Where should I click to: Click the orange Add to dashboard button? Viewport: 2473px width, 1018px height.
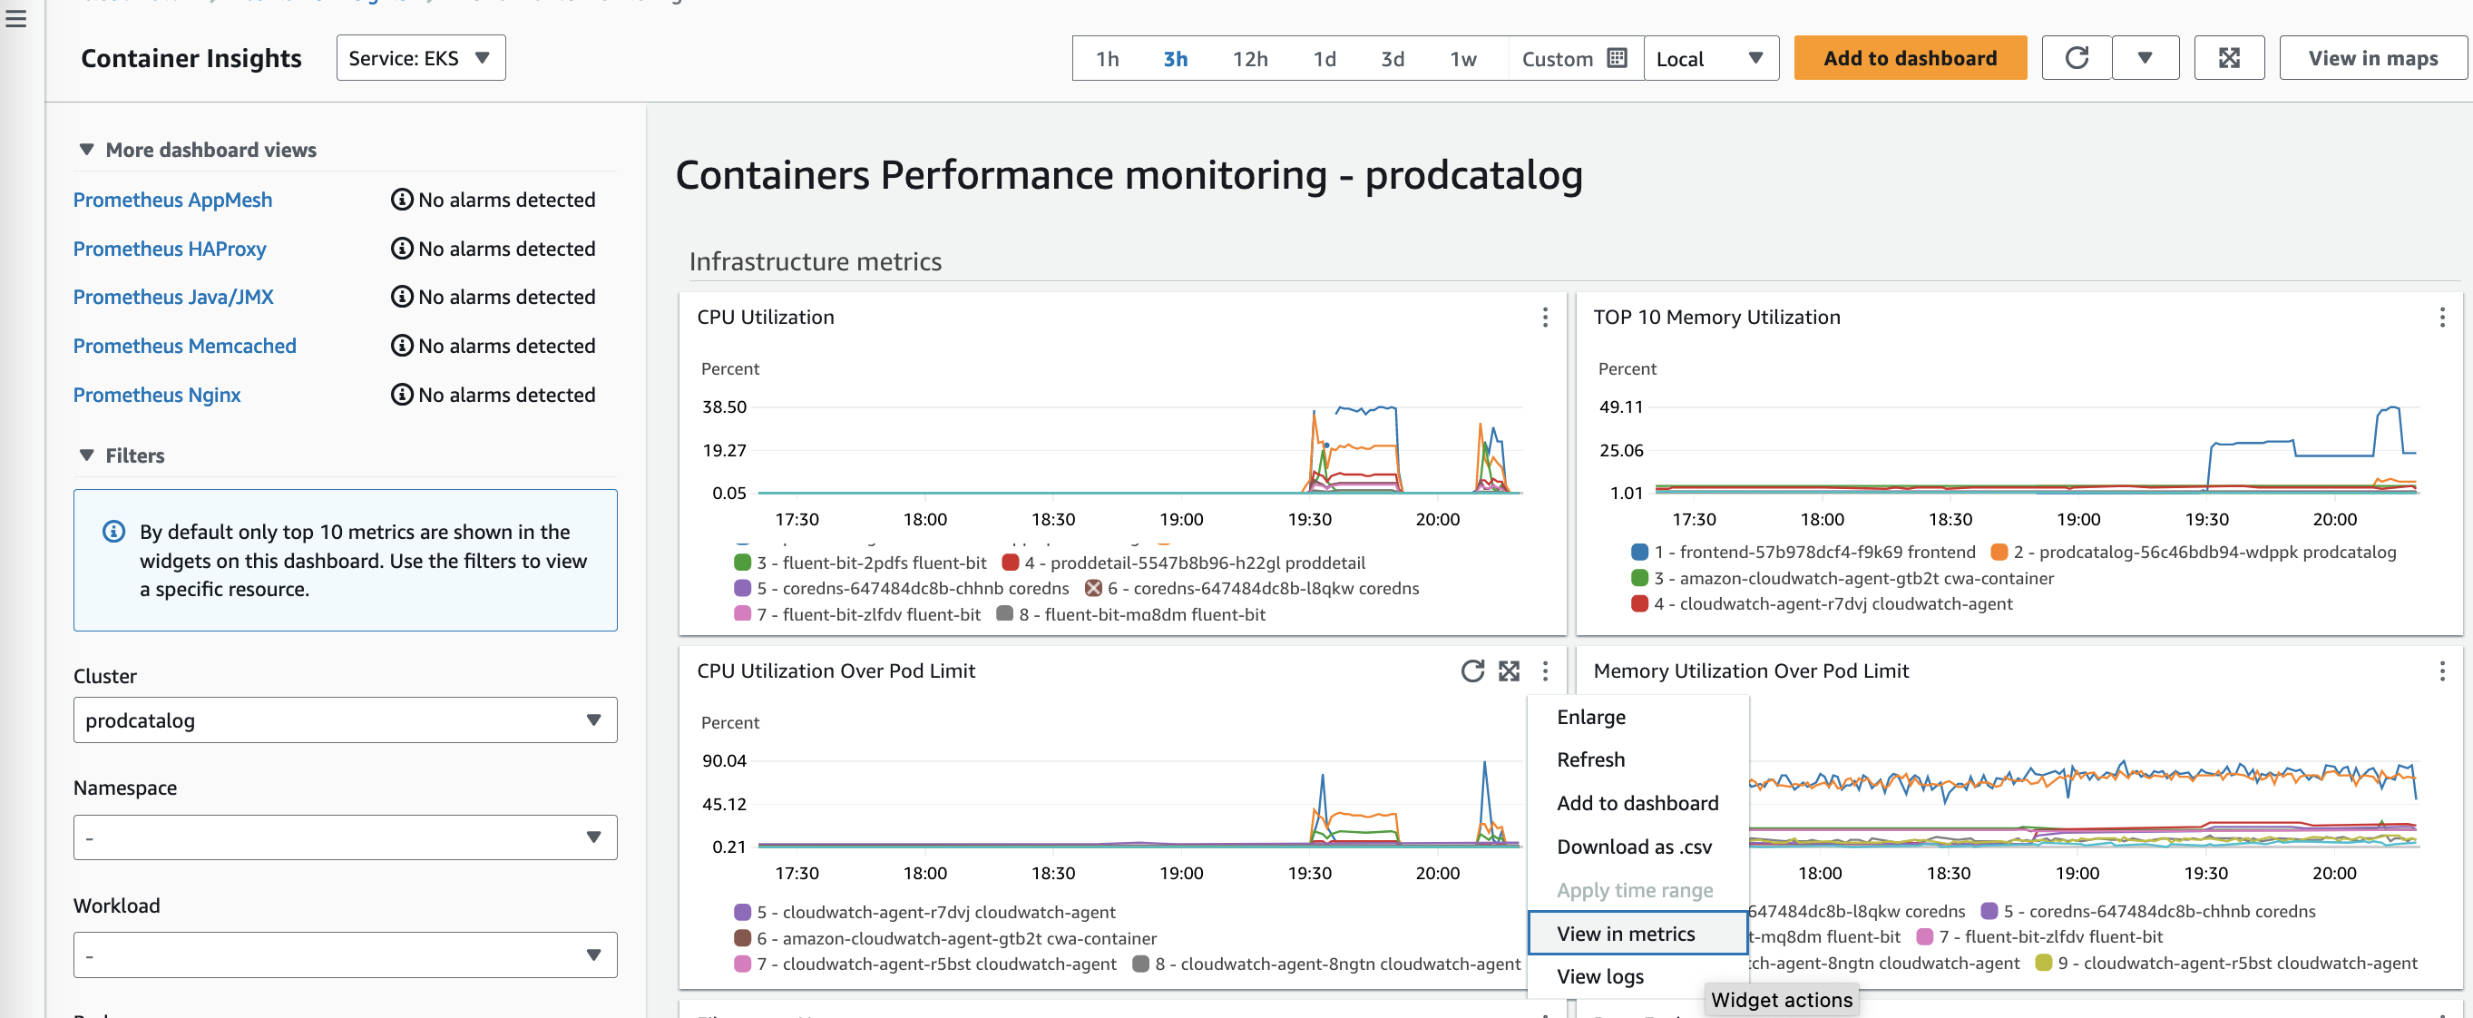pyautogui.click(x=1910, y=59)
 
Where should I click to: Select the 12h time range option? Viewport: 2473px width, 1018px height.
pyautogui.click(x=1250, y=60)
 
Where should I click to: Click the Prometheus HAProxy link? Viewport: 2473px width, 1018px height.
pyautogui.click(x=170, y=249)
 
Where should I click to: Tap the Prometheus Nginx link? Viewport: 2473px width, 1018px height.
pyautogui.click(x=156, y=395)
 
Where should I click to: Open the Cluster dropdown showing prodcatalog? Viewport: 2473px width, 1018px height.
pyautogui.click(x=345, y=720)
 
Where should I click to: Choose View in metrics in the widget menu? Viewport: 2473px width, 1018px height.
pyautogui.click(x=1627, y=934)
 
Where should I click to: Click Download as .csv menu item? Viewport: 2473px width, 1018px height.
pyautogui.click(x=1634, y=847)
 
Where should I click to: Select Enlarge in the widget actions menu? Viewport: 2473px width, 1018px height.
pyautogui.click(x=1590, y=718)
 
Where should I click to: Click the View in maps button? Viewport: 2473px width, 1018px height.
pyautogui.click(x=2372, y=59)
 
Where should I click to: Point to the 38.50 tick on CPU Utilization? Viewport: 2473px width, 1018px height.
pyautogui.click(x=724, y=407)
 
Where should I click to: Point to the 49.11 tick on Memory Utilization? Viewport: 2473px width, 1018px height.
pyautogui.click(x=1620, y=407)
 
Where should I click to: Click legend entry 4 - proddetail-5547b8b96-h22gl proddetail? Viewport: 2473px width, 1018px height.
pyautogui.click(x=1193, y=563)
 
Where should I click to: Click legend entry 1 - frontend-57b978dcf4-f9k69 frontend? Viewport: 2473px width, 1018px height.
pyautogui.click(x=1814, y=553)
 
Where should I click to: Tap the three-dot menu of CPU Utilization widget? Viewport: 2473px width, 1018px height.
pyautogui.click(x=1545, y=317)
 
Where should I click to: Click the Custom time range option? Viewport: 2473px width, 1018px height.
pyautogui.click(x=1572, y=60)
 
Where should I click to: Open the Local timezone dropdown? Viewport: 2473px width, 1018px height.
pyautogui.click(x=1711, y=60)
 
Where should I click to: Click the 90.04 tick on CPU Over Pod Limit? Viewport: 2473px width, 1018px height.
pyautogui.click(x=724, y=760)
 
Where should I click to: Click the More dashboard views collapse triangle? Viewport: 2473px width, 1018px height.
pyautogui.click(x=86, y=150)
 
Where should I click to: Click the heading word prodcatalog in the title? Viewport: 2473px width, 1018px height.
pyautogui.click(x=1473, y=176)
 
